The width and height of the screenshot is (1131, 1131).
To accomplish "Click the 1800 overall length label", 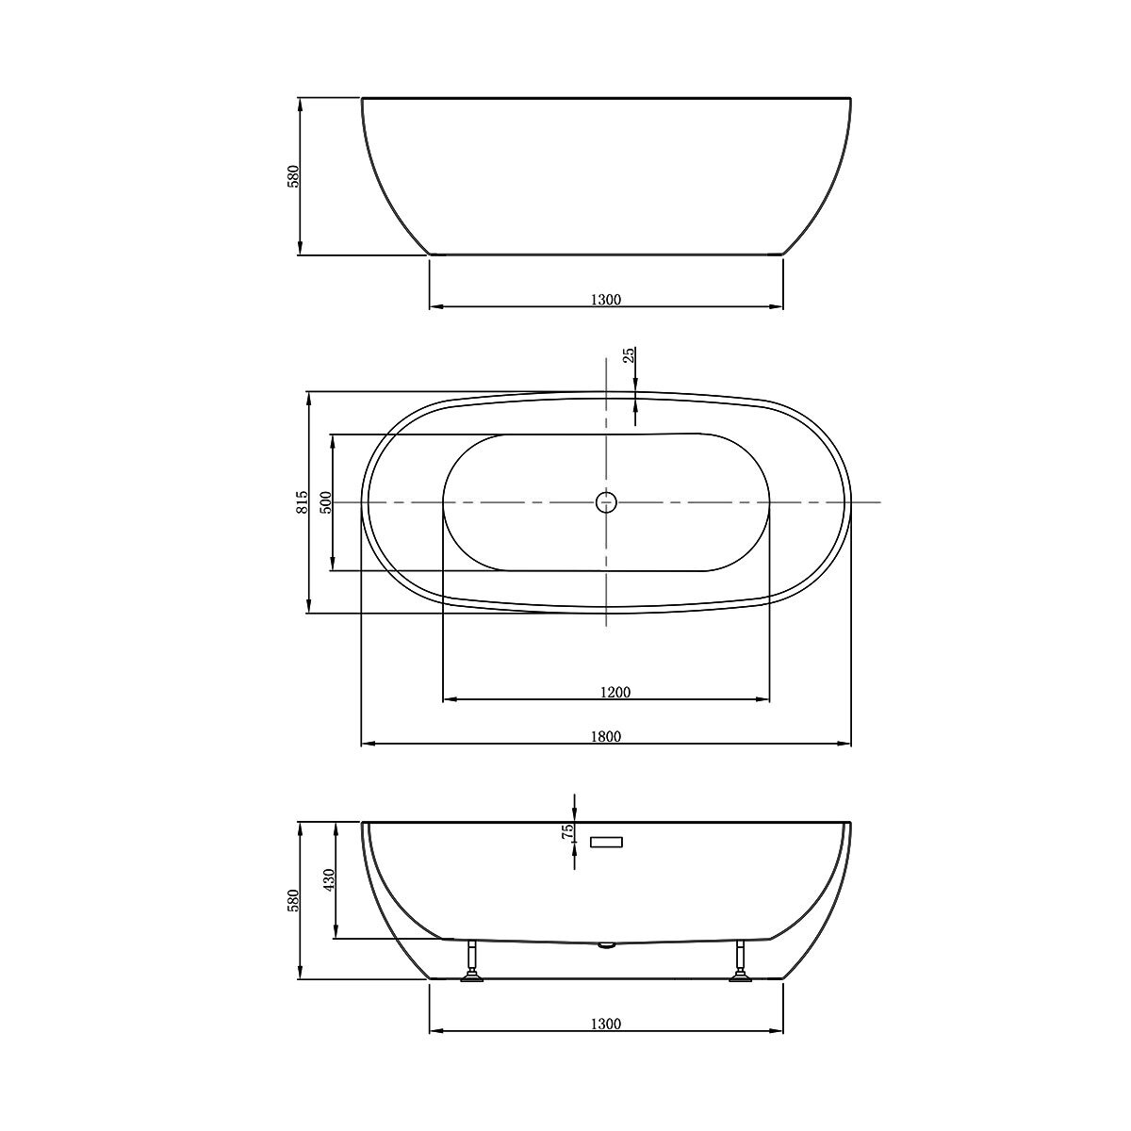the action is click(605, 736).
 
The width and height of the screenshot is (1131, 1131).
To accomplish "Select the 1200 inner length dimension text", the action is click(615, 692).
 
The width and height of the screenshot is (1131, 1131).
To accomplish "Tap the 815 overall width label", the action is click(303, 502).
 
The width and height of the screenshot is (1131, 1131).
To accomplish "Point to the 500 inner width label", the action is click(326, 502).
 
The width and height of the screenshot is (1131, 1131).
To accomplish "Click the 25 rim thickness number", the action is click(629, 355).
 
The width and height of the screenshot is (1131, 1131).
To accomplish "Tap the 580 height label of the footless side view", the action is click(294, 176).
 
